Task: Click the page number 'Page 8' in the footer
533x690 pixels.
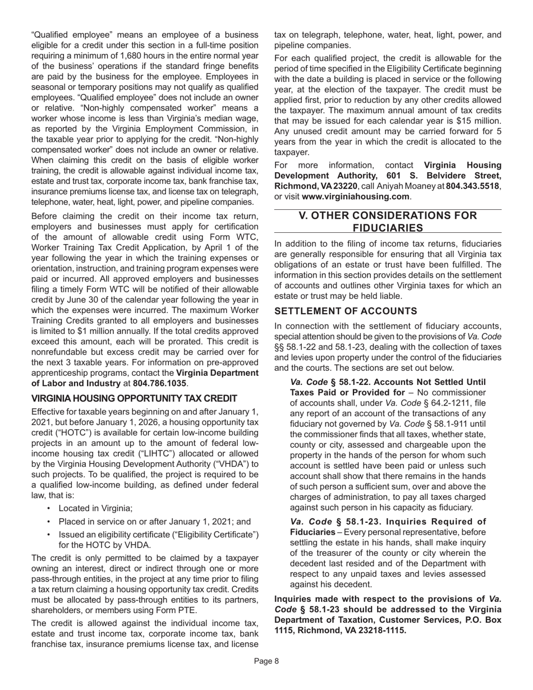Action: (266, 661)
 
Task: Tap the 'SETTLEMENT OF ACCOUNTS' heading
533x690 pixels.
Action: (346, 311)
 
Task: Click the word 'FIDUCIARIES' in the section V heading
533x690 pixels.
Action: (388, 227)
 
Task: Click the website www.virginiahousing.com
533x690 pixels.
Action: (363, 196)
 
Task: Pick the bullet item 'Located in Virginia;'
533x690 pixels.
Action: (95, 508)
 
